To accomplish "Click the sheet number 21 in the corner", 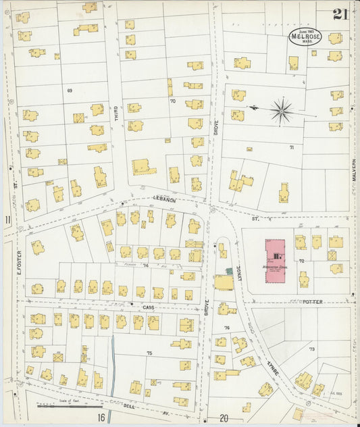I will [340, 15].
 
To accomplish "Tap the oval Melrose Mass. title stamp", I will [306, 38].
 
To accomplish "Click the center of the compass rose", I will [281, 110].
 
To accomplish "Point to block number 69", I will [69, 91].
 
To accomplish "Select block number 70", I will [172, 101].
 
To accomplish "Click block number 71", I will [292, 147].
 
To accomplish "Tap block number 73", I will [311, 349].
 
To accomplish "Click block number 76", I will [227, 328].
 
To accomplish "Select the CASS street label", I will [149, 307].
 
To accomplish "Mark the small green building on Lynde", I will [228, 270].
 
